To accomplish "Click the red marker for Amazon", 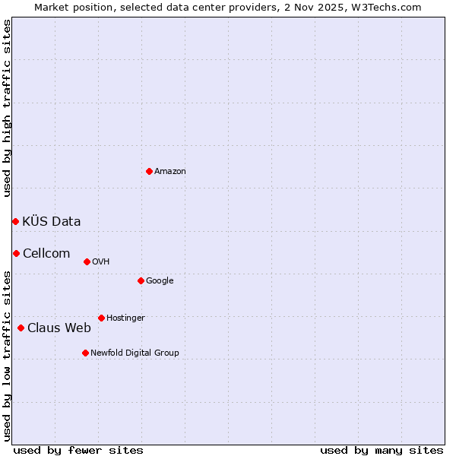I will (x=149, y=171).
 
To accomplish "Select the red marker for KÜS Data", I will (x=15, y=221).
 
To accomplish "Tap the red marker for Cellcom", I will (x=16, y=253).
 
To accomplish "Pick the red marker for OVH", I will (x=87, y=261).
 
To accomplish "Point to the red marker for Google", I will (x=141, y=280).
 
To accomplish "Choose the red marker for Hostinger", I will (x=101, y=318).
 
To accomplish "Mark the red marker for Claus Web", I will (x=21, y=328).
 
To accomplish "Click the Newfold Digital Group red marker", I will (x=85, y=353).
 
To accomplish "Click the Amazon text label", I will (x=170, y=172).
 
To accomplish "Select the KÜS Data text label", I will (x=52, y=222).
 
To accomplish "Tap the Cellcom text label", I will (x=46, y=254).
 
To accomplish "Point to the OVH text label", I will (x=101, y=262).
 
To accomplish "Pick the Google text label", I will (x=160, y=281).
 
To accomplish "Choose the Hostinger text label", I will (x=125, y=318).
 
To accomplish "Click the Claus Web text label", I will (x=59, y=328).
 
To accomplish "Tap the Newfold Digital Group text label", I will (x=135, y=353).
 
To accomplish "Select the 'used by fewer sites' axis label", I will (x=78, y=450).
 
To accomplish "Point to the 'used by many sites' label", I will (x=382, y=450).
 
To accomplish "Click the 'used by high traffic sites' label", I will (x=8, y=108).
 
